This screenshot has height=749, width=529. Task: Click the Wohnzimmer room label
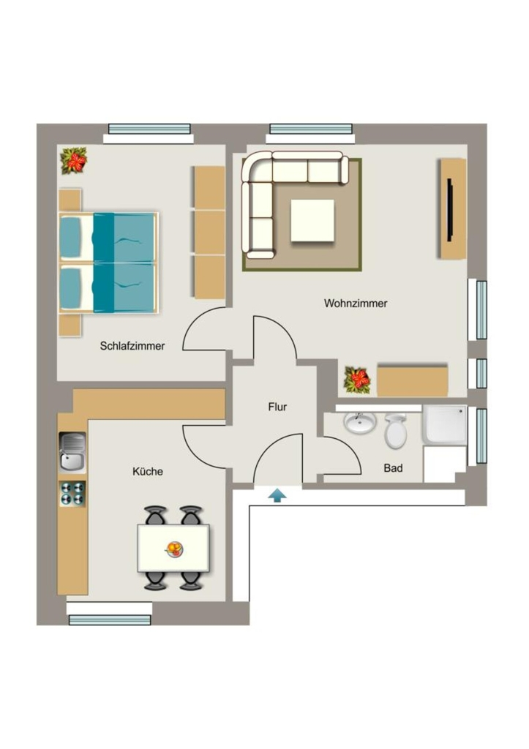356,304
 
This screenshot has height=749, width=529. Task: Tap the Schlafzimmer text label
132,346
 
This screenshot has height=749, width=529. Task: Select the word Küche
148,472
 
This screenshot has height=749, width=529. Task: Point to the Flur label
277,407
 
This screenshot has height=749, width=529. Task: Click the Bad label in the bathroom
393,468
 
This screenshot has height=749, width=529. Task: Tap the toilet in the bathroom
395,431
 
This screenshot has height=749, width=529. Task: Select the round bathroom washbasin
360,423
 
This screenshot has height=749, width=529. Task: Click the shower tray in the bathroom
444,425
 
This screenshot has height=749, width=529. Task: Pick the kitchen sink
72,452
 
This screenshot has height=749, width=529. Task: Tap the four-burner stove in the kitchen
72,494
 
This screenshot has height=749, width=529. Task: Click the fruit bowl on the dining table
174,549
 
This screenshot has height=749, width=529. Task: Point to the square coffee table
312,220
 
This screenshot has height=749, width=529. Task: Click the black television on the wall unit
450,210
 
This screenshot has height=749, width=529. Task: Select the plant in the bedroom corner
74,160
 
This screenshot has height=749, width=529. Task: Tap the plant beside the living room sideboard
358,380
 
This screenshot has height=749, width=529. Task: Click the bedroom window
149,129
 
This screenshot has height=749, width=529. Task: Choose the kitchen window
110,620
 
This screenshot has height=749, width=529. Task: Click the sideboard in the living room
413,380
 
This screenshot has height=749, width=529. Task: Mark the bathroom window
481,436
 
